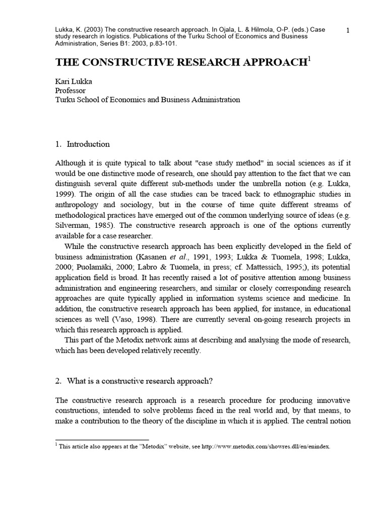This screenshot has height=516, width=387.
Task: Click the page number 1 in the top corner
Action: (348, 31)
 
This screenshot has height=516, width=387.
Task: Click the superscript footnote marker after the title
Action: (309, 59)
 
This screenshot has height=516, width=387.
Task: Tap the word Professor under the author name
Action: (71, 90)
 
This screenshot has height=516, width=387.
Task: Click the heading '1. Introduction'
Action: (82, 144)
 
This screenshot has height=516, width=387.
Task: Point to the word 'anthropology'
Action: (78, 204)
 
